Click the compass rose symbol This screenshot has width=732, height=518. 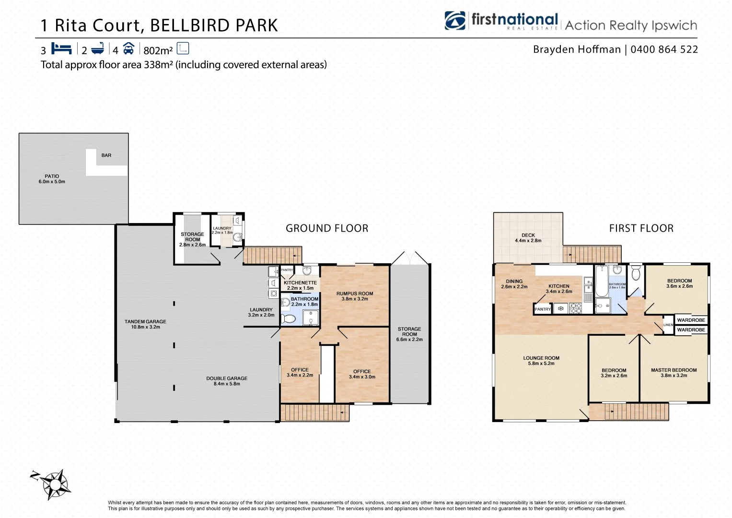[x=54, y=483]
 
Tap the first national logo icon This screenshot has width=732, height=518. [x=454, y=21]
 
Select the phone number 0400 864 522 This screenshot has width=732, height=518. [x=664, y=49]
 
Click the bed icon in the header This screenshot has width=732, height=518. [x=61, y=49]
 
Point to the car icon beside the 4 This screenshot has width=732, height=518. [x=128, y=49]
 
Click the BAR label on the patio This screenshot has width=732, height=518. [x=106, y=155]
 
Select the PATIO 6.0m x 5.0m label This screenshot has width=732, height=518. [x=52, y=179]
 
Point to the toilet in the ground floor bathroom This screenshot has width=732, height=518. [x=289, y=318]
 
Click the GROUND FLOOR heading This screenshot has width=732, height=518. [x=327, y=228]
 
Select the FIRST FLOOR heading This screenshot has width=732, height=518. [x=641, y=228]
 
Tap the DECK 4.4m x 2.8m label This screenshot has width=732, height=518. [x=528, y=238]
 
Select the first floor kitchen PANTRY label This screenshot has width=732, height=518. [x=543, y=309]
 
